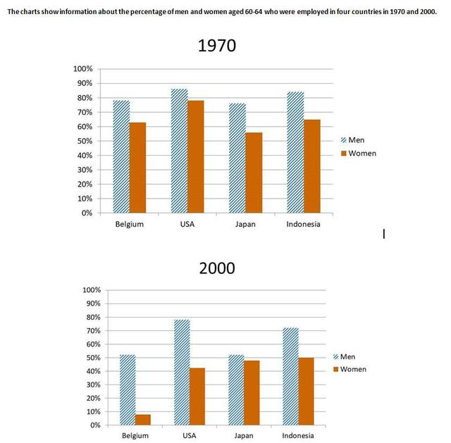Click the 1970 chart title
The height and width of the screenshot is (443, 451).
216,47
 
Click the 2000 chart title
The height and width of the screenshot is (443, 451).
216,268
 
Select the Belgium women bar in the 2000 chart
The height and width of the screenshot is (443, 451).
142,419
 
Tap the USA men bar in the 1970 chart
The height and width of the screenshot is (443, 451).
180,151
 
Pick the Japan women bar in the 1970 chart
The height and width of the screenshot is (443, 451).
254,173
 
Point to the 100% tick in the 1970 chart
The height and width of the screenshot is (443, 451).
82,69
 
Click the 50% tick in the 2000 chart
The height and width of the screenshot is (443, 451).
92,358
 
